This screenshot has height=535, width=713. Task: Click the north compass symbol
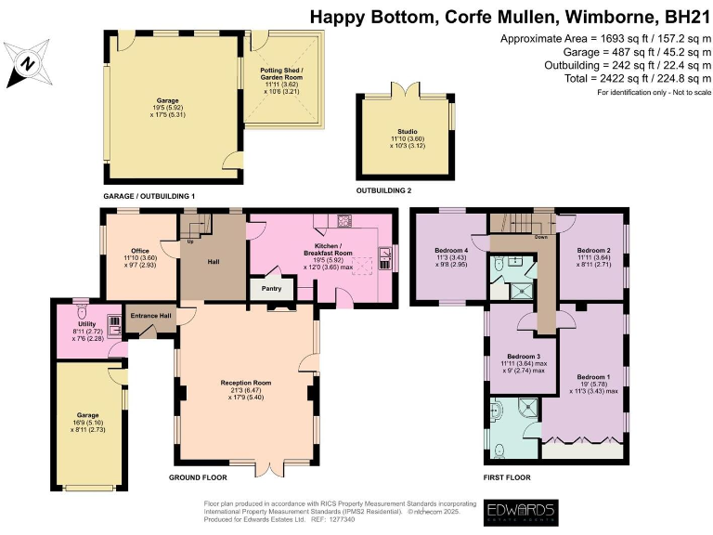(27, 63)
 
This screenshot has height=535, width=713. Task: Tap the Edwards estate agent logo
(522, 512)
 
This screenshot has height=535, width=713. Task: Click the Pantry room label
(272, 289)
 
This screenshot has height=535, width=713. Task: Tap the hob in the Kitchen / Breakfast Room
(345, 221)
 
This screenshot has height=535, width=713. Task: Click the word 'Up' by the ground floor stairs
(191, 241)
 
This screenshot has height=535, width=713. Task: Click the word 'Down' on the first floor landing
(540, 237)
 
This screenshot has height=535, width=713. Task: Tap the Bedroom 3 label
(524, 356)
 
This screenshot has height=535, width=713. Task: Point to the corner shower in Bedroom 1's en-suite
(530, 409)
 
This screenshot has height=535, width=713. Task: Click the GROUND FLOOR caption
(198, 477)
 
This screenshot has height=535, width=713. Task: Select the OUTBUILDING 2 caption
(383, 190)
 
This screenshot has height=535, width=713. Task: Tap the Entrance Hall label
(150, 317)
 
